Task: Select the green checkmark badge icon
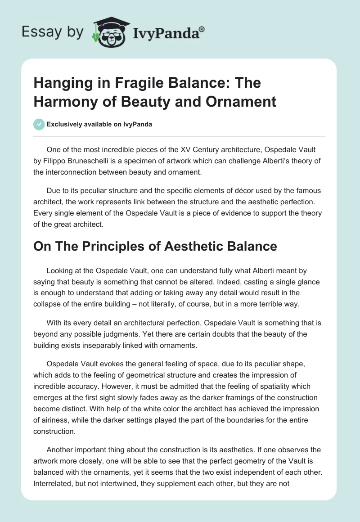39,124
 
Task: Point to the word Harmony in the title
61,101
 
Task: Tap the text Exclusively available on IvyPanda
100,125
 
